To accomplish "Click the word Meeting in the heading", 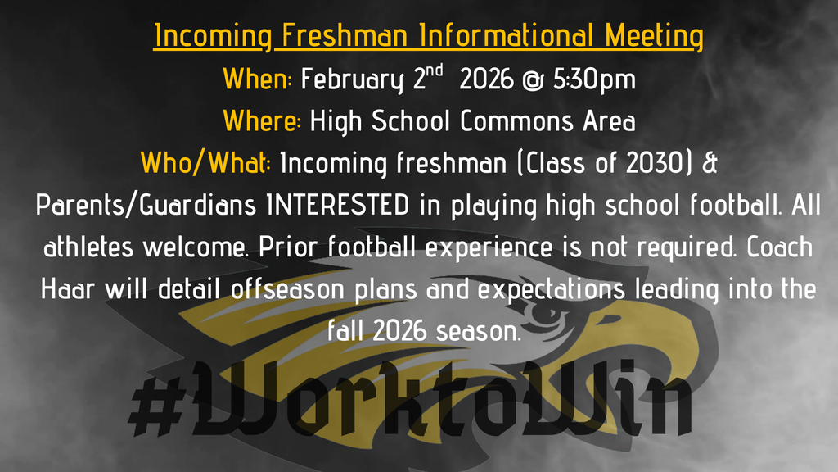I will (655, 37).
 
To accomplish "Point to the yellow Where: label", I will (262, 121).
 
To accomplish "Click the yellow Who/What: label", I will (206, 163).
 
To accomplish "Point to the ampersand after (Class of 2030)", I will (710, 163).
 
